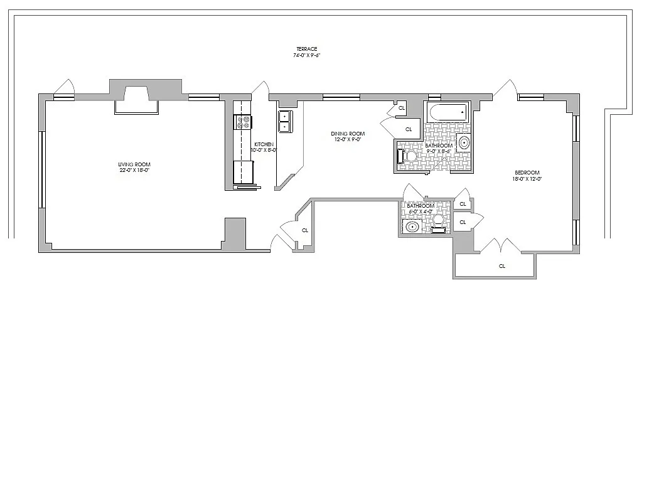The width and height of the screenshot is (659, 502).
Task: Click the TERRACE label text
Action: (307, 49)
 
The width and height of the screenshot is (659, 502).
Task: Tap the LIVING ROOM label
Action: (135, 164)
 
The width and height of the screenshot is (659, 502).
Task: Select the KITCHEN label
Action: (264, 144)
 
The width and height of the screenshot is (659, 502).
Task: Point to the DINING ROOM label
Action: (348, 134)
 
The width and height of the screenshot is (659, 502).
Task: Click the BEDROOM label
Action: (527, 173)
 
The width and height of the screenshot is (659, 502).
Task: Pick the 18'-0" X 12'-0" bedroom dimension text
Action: (527, 179)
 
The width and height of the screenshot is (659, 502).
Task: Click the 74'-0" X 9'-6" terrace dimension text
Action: (307, 55)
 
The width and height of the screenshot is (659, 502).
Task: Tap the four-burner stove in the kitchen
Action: (243, 122)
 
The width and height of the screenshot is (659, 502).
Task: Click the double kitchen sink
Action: (284, 121)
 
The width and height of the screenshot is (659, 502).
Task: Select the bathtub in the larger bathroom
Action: (447, 113)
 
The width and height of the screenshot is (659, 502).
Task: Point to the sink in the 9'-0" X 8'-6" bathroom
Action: (464, 143)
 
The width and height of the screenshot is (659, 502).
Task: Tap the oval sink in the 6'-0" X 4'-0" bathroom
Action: (412, 226)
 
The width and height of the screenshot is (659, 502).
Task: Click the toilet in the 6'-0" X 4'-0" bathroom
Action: (438, 222)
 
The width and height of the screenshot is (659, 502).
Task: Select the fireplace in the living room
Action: (136, 100)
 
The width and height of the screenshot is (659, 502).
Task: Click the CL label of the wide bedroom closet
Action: (502, 266)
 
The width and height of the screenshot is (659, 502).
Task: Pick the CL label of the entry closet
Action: (305, 230)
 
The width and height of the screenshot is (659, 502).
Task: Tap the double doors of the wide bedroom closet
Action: (500, 246)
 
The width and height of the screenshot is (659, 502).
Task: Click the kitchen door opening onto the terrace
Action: (260, 90)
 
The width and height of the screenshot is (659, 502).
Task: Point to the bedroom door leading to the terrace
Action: (505, 90)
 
